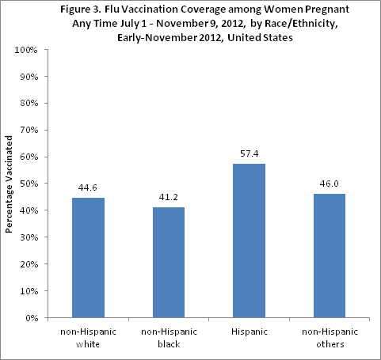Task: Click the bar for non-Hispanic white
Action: pyautogui.click(x=88, y=258)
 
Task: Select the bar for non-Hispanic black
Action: pyautogui.click(x=169, y=263)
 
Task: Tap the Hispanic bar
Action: pyautogui.click(x=249, y=241)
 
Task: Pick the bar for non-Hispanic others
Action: pyautogui.click(x=329, y=256)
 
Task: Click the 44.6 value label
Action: pyautogui.click(x=88, y=188)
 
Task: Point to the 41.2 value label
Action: pyautogui.click(x=169, y=197)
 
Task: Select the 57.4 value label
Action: pyautogui.click(x=249, y=153)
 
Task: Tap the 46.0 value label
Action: pyautogui.click(x=329, y=184)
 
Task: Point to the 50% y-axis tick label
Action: pyautogui.click(x=29, y=184)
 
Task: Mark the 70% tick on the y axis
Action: pyautogui.click(x=29, y=130)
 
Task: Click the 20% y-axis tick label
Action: pyautogui.click(x=29, y=264)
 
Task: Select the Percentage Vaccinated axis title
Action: pyautogui.click(x=10, y=184)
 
